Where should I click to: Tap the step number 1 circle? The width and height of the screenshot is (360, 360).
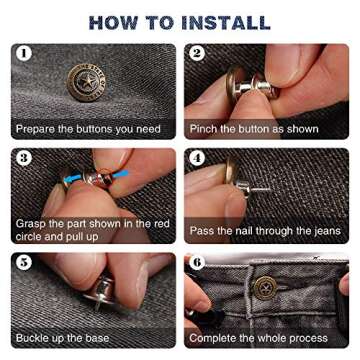(x=24, y=54)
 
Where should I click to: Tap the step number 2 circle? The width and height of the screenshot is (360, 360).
(x=197, y=54)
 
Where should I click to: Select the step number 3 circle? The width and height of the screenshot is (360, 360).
(x=24, y=158)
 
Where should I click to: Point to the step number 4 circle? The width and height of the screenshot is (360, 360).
(x=197, y=158)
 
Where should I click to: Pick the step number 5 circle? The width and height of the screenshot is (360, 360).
(x=24, y=263)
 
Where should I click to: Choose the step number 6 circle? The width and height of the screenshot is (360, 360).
(x=197, y=263)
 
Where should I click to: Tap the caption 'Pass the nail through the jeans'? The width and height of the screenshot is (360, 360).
(x=264, y=231)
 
